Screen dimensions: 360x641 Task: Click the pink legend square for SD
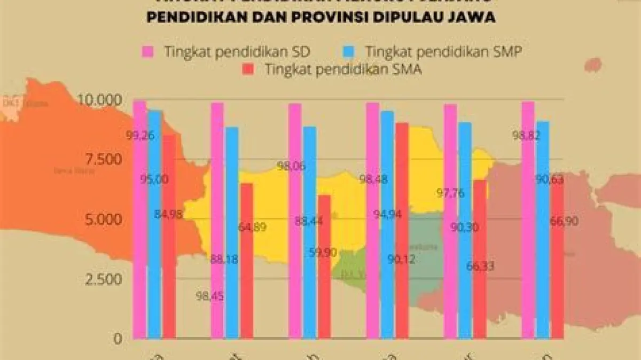coord(148,52)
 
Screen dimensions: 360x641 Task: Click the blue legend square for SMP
coord(348,52)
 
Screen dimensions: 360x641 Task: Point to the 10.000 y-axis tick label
coord(100,100)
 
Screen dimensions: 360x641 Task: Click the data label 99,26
coord(140,136)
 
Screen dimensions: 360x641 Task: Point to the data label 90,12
coord(401,260)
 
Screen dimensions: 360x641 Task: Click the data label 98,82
coord(526,136)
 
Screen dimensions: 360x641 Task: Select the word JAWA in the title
coord(472,18)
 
